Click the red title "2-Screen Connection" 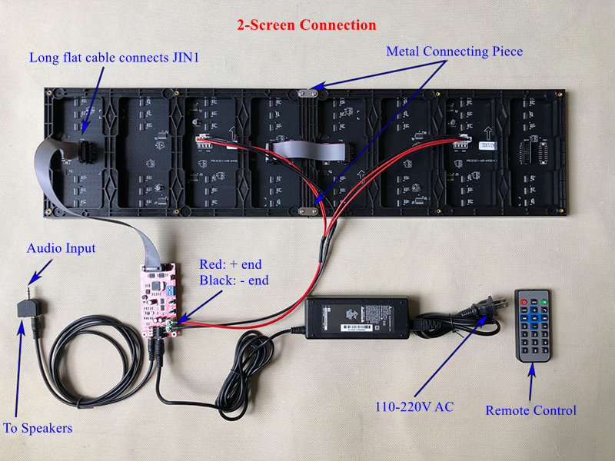click(x=306, y=25)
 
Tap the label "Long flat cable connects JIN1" click(x=115, y=57)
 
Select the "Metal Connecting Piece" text click(x=454, y=51)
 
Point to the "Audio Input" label click(x=61, y=248)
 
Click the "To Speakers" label click(x=38, y=427)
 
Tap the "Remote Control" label click(x=530, y=410)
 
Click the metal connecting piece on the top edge click(x=308, y=92)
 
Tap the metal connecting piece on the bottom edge click(x=308, y=208)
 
